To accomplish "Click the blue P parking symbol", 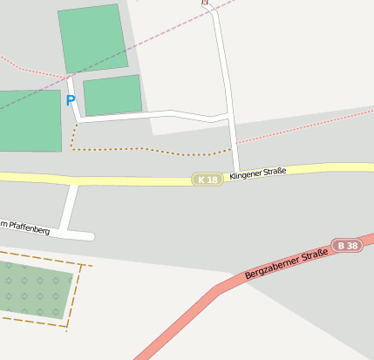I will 71,100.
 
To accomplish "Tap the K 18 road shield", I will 207,180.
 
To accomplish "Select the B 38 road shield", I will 347,246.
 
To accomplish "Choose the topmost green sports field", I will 92,37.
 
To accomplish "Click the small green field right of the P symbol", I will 112,95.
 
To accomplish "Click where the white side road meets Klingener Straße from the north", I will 236,170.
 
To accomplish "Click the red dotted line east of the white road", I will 305,127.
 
